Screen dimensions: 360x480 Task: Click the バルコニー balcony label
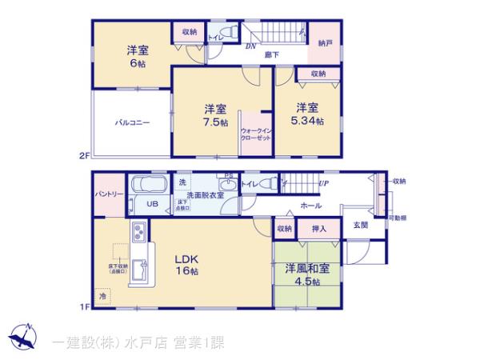(x=133, y=122)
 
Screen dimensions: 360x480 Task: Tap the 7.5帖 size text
(x=214, y=122)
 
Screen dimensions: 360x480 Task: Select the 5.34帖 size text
(x=308, y=121)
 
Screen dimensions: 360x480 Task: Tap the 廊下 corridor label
(x=272, y=54)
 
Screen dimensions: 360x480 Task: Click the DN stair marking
(x=250, y=46)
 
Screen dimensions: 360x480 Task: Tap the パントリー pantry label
(x=108, y=194)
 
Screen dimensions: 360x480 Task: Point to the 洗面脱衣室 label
(x=205, y=194)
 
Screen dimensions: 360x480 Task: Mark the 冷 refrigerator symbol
(x=102, y=296)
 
